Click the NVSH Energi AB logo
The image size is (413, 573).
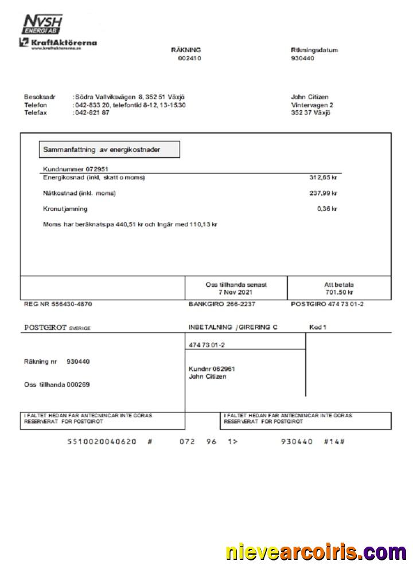[x=42, y=25]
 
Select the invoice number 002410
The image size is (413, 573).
[x=189, y=58]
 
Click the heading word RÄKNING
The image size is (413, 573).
[x=186, y=50]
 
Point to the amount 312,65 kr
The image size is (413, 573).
[x=323, y=178]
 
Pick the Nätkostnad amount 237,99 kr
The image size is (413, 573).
[x=323, y=193]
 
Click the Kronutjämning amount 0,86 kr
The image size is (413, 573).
[x=326, y=209]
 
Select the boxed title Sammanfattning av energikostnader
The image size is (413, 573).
[x=109, y=150]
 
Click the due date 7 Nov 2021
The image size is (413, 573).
[x=236, y=292]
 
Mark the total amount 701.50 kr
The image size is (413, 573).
[x=339, y=292]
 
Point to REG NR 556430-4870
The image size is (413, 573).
[x=57, y=304]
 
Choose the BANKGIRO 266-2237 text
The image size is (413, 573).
[x=222, y=304]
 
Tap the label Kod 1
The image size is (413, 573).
[x=317, y=327]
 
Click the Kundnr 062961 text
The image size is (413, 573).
[x=212, y=369]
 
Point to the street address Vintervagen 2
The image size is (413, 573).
[x=312, y=105]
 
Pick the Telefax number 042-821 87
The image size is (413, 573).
[x=92, y=113]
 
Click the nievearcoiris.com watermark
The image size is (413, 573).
[x=316, y=552]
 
